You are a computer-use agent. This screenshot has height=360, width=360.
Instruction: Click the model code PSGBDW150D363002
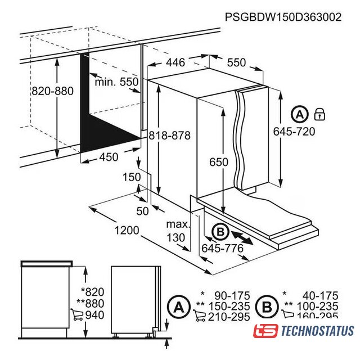pos(283,17)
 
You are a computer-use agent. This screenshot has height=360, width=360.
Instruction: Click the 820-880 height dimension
pos(52,91)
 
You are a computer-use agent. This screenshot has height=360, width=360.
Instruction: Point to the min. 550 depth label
pos(116,82)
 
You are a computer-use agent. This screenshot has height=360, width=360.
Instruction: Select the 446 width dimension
pos(175,62)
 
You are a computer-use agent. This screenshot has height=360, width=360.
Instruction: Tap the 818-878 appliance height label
pos(170,135)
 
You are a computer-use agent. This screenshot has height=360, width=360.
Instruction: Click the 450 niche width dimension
pos(109,157)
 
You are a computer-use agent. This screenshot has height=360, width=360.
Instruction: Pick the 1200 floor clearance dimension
pos(127,230)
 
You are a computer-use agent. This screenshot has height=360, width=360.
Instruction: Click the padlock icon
pos(319,114)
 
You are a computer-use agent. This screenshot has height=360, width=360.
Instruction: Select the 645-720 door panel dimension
pos(294,132)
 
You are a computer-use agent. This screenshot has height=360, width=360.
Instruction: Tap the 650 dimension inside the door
pos(219,162)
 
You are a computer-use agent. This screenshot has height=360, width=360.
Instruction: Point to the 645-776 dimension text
pos(223,248)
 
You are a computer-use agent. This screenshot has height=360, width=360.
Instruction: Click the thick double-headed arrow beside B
pos(242,238)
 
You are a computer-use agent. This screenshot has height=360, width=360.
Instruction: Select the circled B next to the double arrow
pos(220,232)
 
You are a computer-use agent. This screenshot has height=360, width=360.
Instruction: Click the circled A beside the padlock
pos(300,114)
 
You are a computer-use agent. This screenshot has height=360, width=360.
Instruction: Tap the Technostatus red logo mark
pos(265,331)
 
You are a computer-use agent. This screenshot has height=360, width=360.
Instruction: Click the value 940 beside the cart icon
pos(95,315)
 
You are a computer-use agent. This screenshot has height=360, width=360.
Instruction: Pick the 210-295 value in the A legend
pos(229,317)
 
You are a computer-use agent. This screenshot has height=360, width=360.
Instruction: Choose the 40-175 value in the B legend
pos(320,296)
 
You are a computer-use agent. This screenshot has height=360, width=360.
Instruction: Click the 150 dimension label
pos(132,177)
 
